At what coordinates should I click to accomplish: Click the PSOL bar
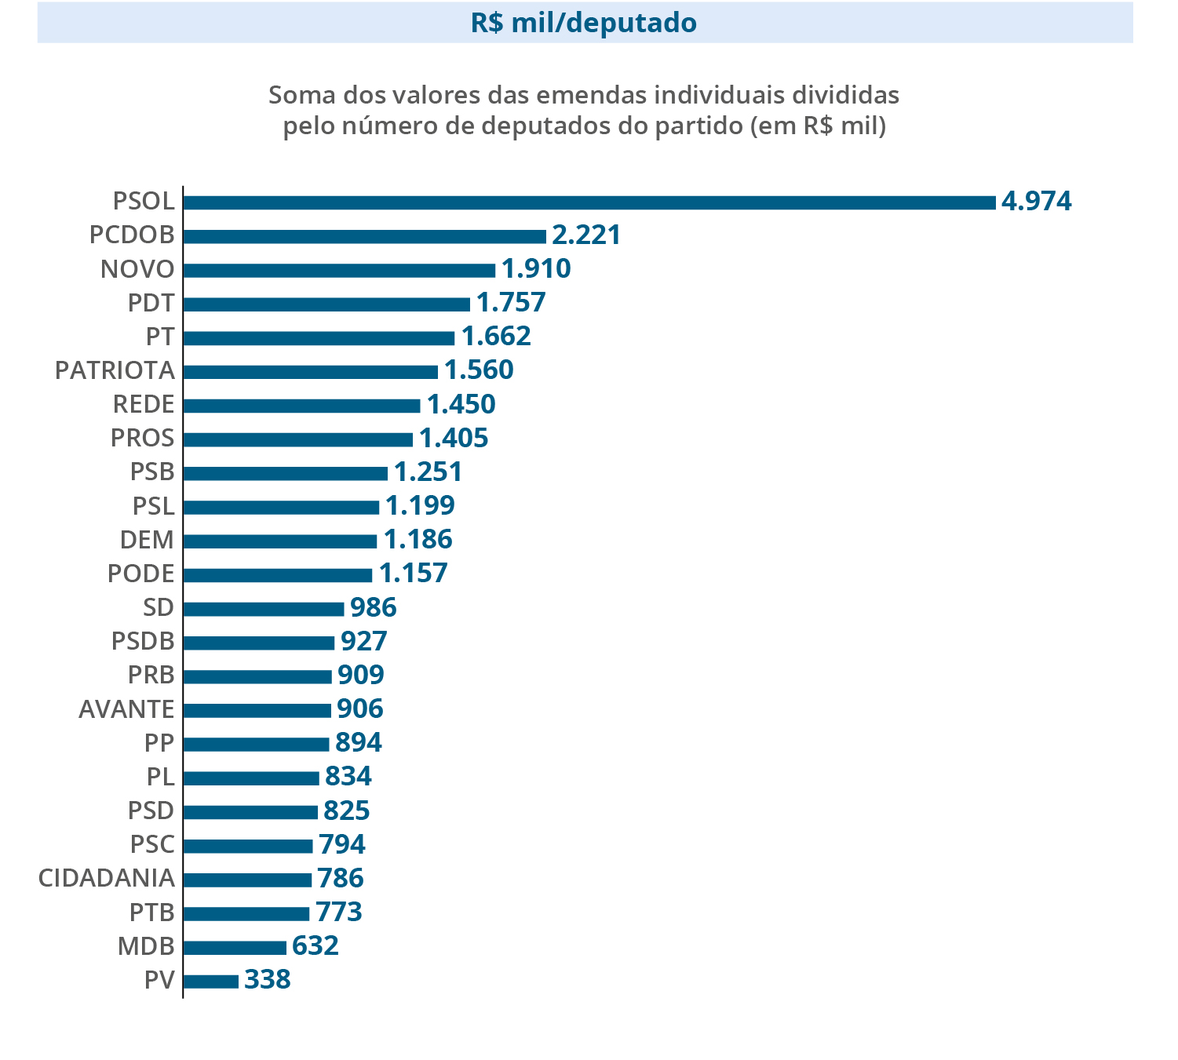pos(589,202)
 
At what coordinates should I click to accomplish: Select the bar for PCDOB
pos(364,236)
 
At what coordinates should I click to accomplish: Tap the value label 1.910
pos(536,269)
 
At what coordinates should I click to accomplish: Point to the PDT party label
pos(151,303)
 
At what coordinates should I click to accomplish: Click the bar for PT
pos(319,337)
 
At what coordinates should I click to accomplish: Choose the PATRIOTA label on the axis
pos(115,370)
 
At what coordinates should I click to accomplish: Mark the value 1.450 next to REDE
pos(461,404)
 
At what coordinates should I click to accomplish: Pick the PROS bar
pos(297,439)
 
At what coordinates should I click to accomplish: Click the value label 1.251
pos(429,472)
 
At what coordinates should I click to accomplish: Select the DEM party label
pos(147,540)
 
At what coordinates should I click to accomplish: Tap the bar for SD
pos(263,609)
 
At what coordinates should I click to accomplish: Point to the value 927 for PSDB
pos(364,641)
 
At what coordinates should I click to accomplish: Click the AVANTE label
pos(126,709)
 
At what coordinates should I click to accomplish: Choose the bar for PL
pos(250,778)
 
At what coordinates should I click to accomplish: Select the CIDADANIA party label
pos(106,878)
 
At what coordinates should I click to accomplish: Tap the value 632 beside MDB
pos(315,946)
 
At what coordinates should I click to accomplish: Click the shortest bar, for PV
pos(210,981)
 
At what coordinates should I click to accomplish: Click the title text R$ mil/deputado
pos(584,23)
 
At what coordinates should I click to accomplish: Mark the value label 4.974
pos(1037,202)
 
